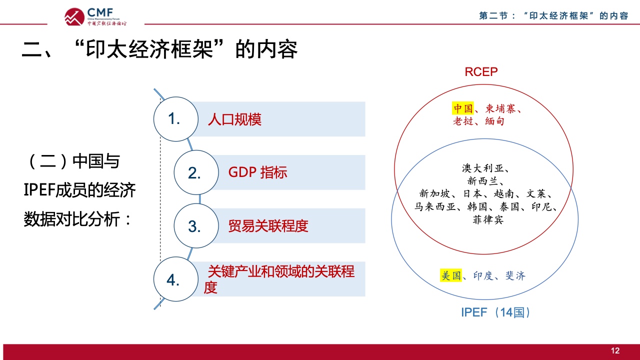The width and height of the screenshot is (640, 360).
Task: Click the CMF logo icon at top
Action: pos(74,16)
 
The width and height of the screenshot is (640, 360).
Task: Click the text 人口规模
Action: pos(234,119)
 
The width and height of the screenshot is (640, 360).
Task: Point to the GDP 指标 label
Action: pos(257,172)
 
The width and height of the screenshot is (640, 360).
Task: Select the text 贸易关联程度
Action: pos(268,226)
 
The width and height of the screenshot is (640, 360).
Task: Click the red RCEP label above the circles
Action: pos(481,71)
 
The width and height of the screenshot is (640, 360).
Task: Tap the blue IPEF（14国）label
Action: pos(496,312)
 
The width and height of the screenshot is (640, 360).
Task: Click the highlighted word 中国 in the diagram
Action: pos(463,108)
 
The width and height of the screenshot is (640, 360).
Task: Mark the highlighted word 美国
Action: pos(451,275)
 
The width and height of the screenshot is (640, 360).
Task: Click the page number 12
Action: pos(615,350)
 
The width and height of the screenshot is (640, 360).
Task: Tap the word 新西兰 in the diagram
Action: pos(483,181)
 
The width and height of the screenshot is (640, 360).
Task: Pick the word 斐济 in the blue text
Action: pos(515,275)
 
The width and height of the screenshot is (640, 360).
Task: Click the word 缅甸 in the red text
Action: pos(494,121)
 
